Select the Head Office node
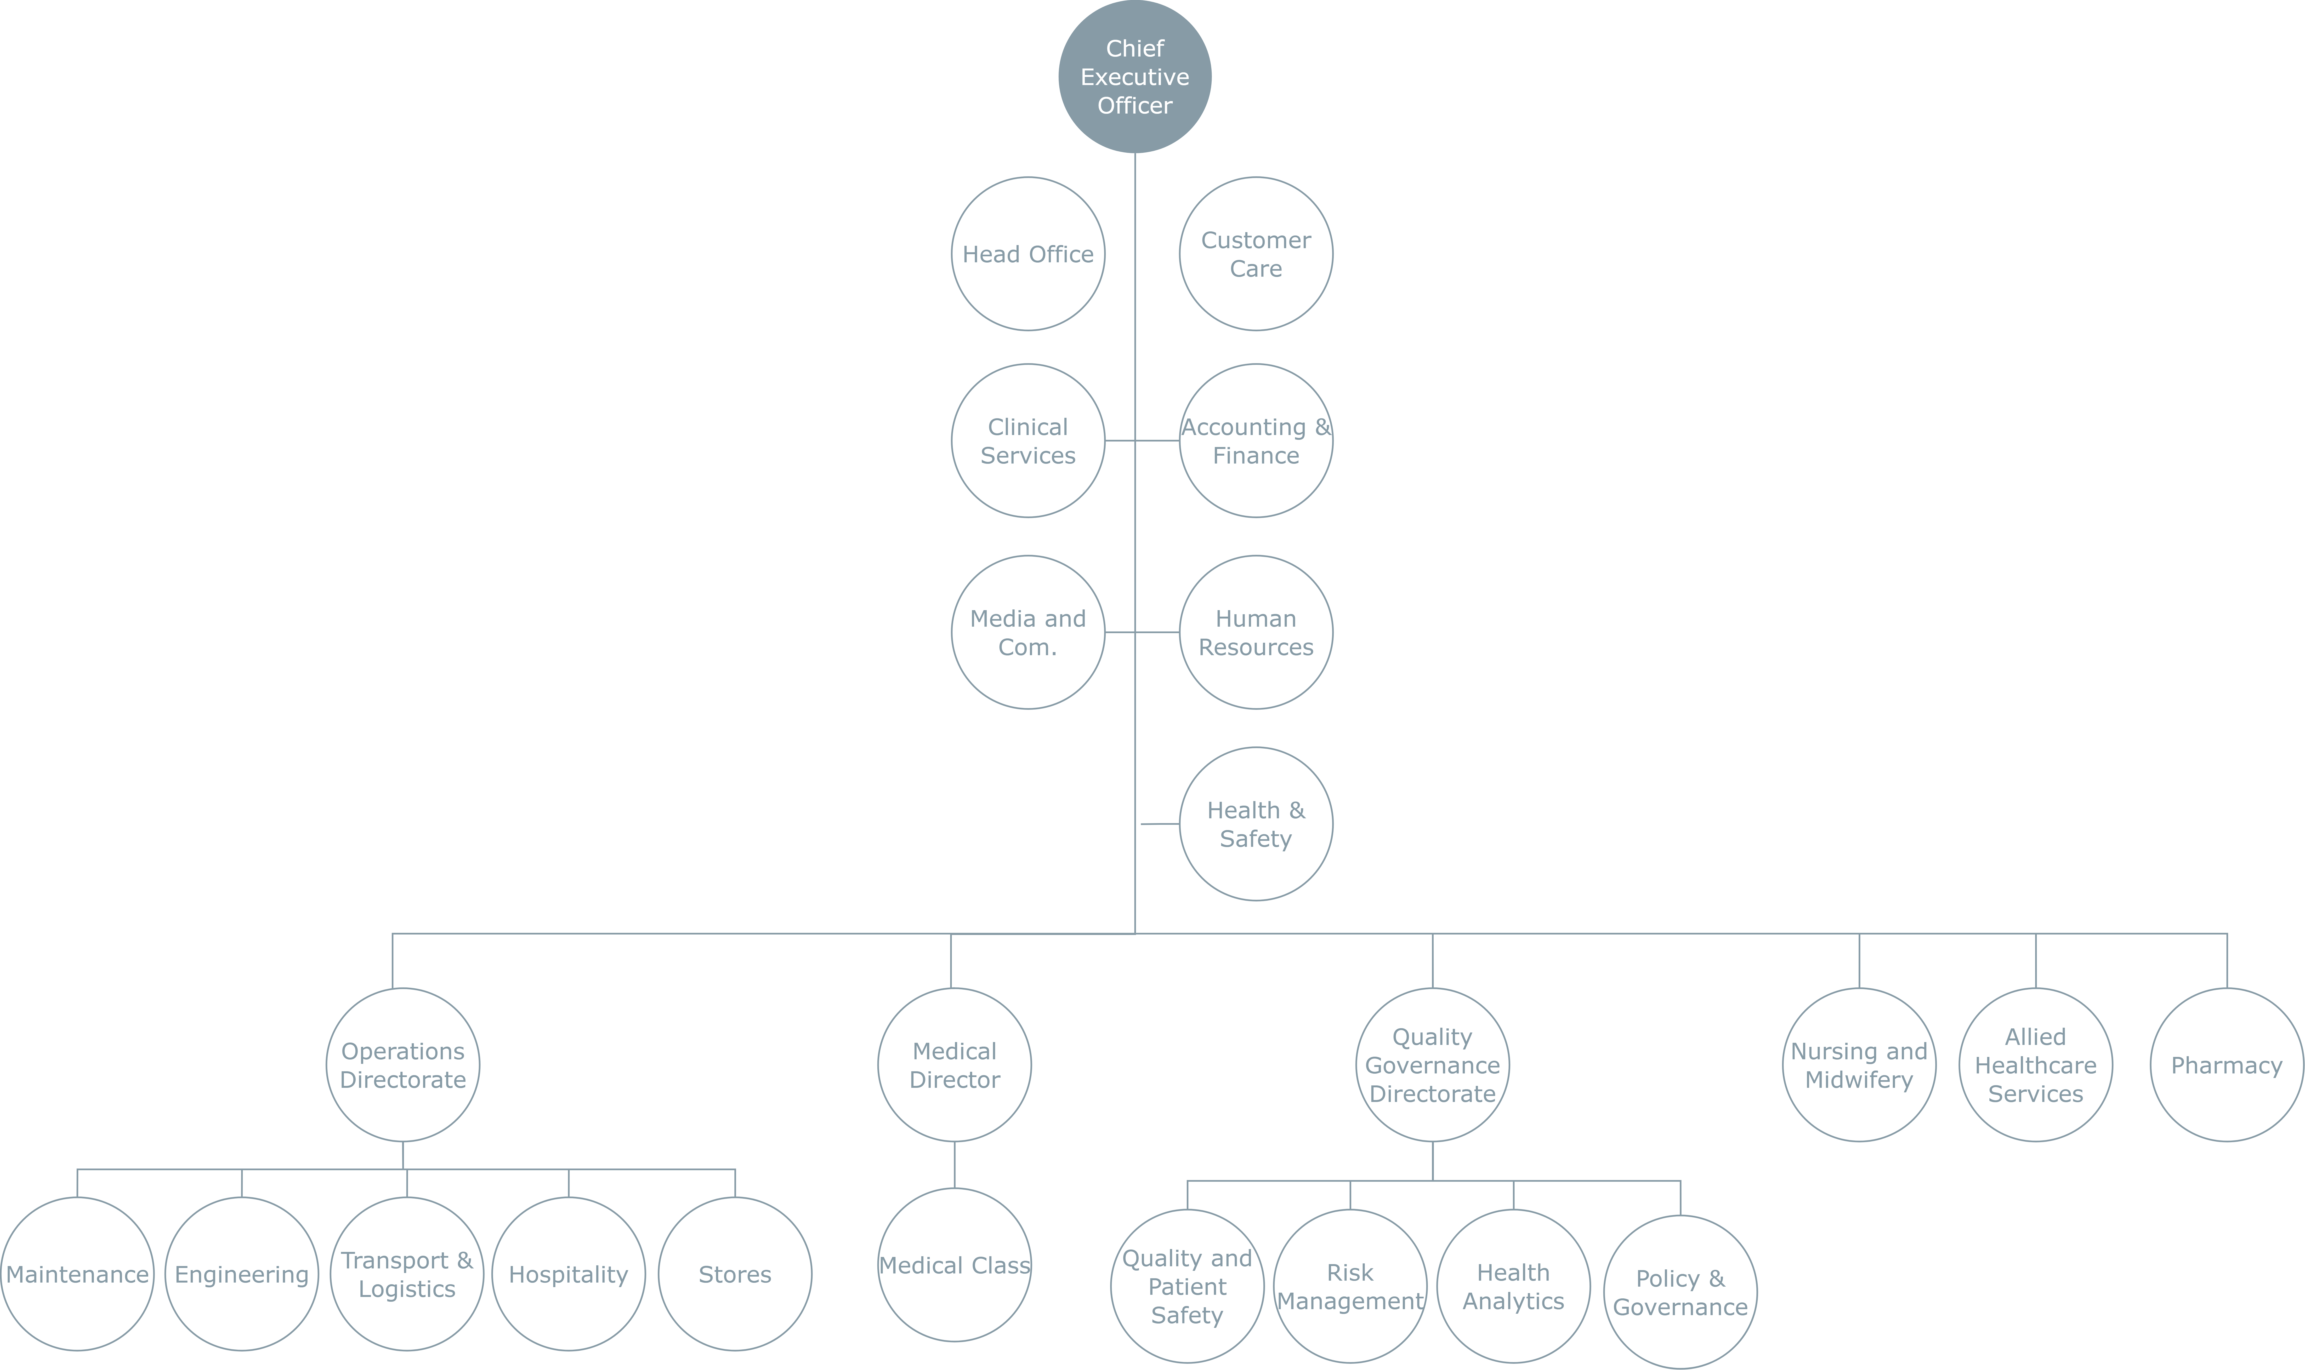(1028, 254)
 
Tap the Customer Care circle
(1256, 254)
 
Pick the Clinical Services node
(1028, 440)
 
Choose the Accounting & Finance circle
(1256, 440)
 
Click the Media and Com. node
(1028, 632)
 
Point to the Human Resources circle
(1256, 632)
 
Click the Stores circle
(734, 1274)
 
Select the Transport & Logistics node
(407, 1274)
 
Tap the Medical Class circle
(954, 1265)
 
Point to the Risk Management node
(1350, 1286)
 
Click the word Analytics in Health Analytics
(1513, 1301)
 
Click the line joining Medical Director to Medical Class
(954, 1165)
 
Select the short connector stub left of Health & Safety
(1160, 824)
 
